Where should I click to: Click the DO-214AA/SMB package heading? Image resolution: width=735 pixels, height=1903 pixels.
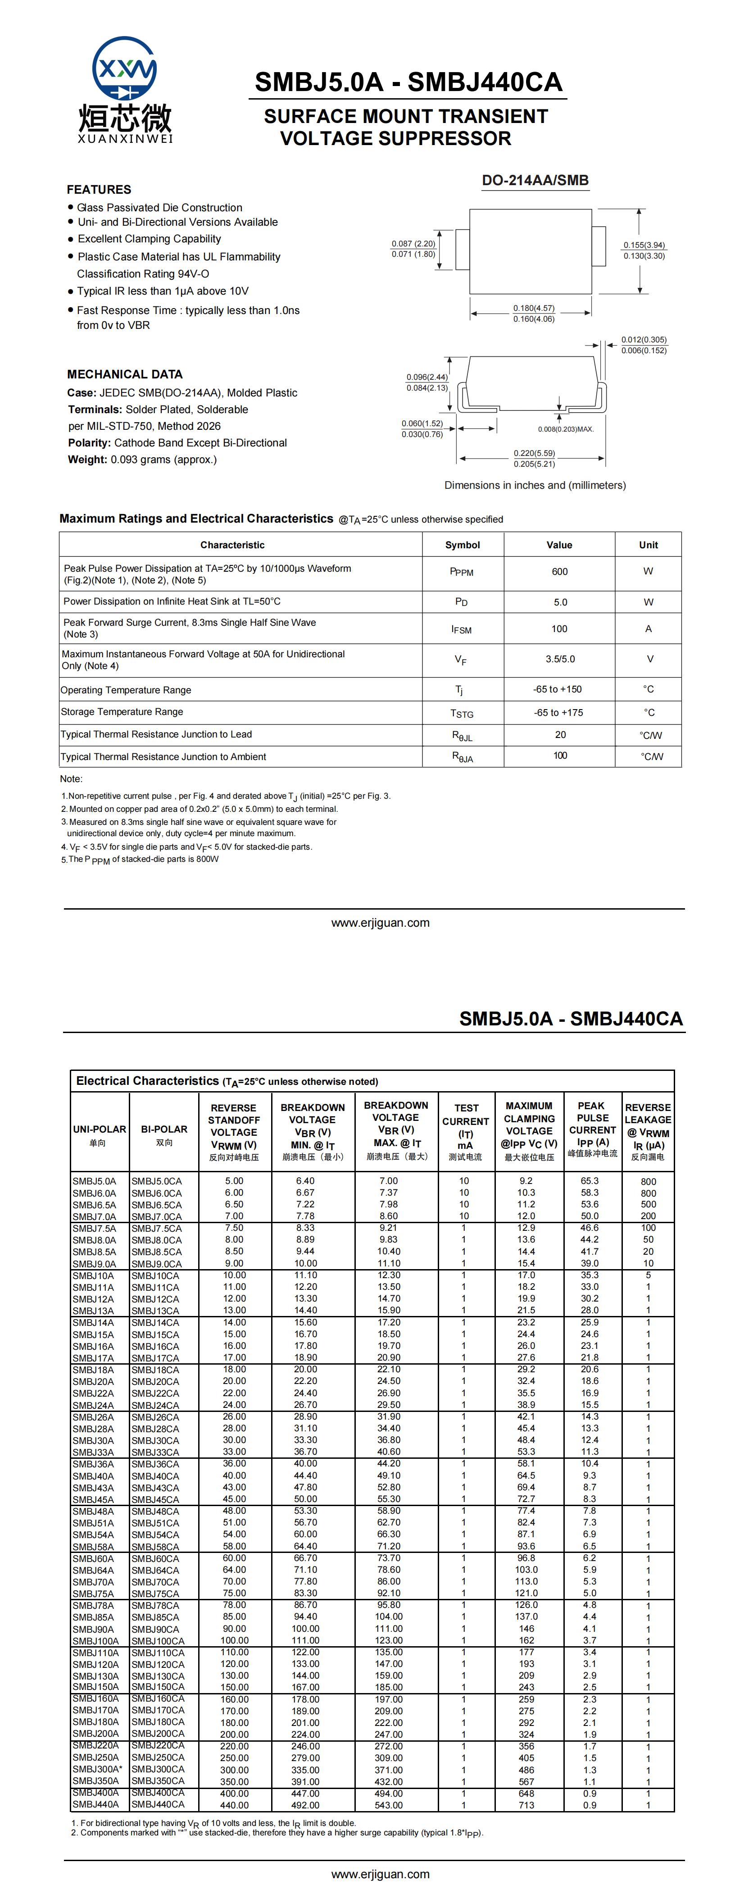coord(535,180)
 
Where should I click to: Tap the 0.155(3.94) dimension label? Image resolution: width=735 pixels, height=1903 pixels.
coord(644,245)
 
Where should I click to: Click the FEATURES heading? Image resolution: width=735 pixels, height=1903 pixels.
coord(99,190)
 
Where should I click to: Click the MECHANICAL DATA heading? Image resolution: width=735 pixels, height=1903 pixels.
coord(125,374)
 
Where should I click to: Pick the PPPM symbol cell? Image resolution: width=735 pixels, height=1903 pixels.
coord(462,572)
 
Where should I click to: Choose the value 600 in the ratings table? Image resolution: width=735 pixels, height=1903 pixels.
coord(559,572)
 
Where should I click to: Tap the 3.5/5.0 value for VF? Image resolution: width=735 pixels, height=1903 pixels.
coord(559,659)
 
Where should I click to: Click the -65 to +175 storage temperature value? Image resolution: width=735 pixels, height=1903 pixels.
coord(558,713)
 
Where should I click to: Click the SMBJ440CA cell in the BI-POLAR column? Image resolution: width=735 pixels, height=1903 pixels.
coord(158,1805)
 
